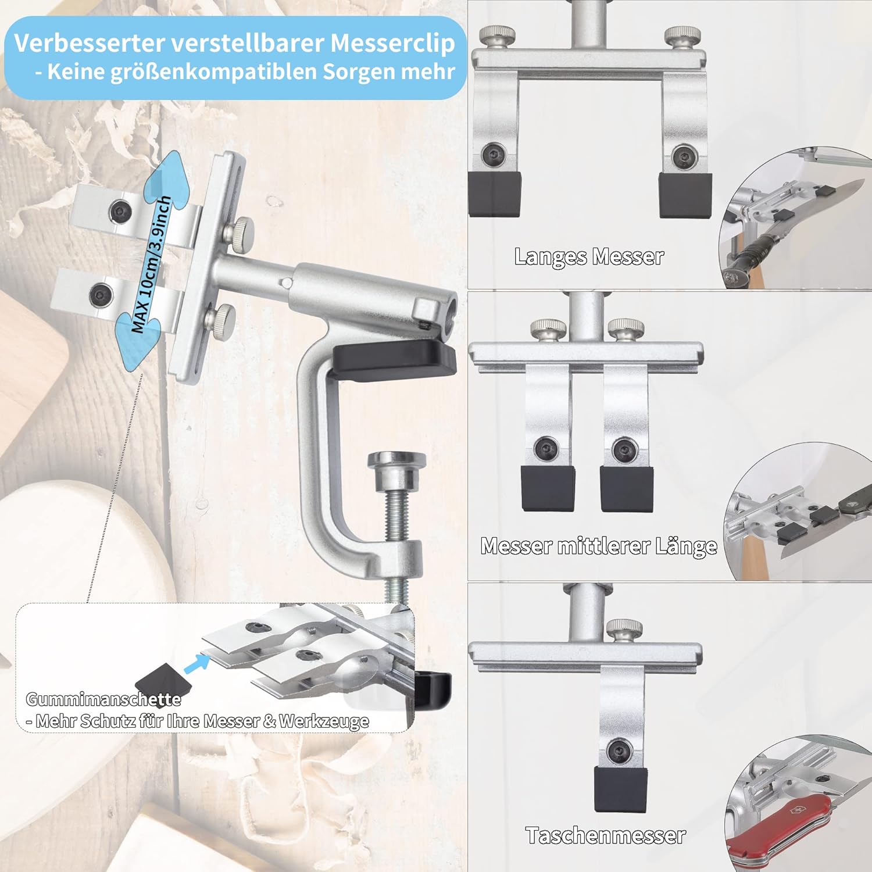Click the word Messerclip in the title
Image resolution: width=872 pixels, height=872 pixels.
392,44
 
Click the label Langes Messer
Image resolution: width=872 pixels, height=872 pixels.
589,256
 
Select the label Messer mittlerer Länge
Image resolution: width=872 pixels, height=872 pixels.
599,546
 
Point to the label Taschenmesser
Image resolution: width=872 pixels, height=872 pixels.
606,835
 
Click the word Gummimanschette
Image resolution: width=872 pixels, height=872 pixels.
103,699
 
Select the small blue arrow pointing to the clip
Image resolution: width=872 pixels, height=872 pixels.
196,663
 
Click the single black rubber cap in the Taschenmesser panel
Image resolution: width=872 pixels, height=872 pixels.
620,789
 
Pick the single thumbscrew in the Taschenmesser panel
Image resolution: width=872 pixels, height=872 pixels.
624,631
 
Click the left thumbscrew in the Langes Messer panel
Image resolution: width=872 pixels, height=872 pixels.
499,37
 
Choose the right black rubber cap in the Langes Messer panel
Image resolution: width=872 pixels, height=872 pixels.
685,195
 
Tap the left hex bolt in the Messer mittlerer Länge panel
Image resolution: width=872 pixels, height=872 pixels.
546,448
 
